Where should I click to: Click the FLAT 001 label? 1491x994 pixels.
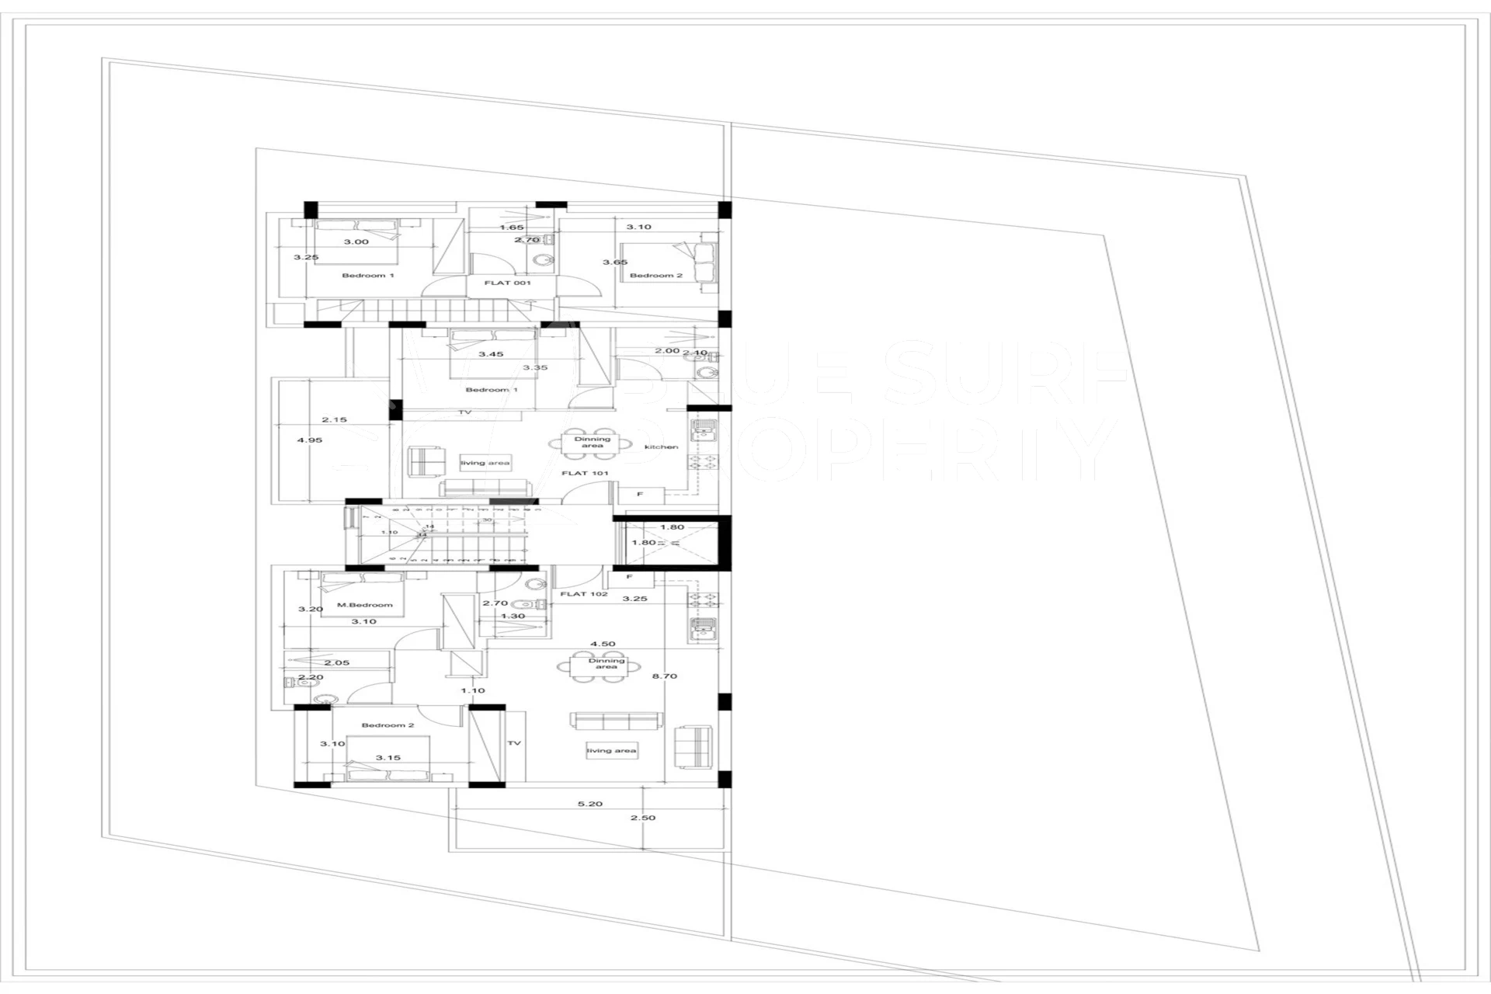click(507, 283)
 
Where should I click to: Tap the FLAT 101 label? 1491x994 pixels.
click(585, 473)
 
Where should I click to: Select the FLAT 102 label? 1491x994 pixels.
click(584, 594)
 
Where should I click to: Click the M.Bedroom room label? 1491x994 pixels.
click(365, 605)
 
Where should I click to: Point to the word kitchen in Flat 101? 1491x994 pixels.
click(661, 447)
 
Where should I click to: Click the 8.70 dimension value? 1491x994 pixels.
click(665, 676)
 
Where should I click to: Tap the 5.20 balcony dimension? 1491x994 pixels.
click(590, 804)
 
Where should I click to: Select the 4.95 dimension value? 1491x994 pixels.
click(309, 440)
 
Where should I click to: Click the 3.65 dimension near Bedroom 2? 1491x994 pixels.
click(615, 262)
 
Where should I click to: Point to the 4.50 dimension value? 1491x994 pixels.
click(603, 644)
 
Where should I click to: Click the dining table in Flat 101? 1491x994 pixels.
click(592, 442)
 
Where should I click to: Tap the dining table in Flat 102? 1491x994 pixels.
click(606, 665)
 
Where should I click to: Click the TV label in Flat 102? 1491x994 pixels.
click(514, 743)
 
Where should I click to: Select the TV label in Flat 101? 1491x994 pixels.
click(465, 412)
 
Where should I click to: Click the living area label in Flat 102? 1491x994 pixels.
click(611, 751)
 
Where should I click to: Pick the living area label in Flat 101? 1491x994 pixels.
click(485, 463)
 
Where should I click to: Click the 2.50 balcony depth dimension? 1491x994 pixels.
click(643, 818)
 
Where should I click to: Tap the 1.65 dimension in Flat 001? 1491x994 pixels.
click(512, 228)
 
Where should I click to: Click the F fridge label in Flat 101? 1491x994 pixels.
click(640, 494)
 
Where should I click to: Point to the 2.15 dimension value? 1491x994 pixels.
click(335, 420)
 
